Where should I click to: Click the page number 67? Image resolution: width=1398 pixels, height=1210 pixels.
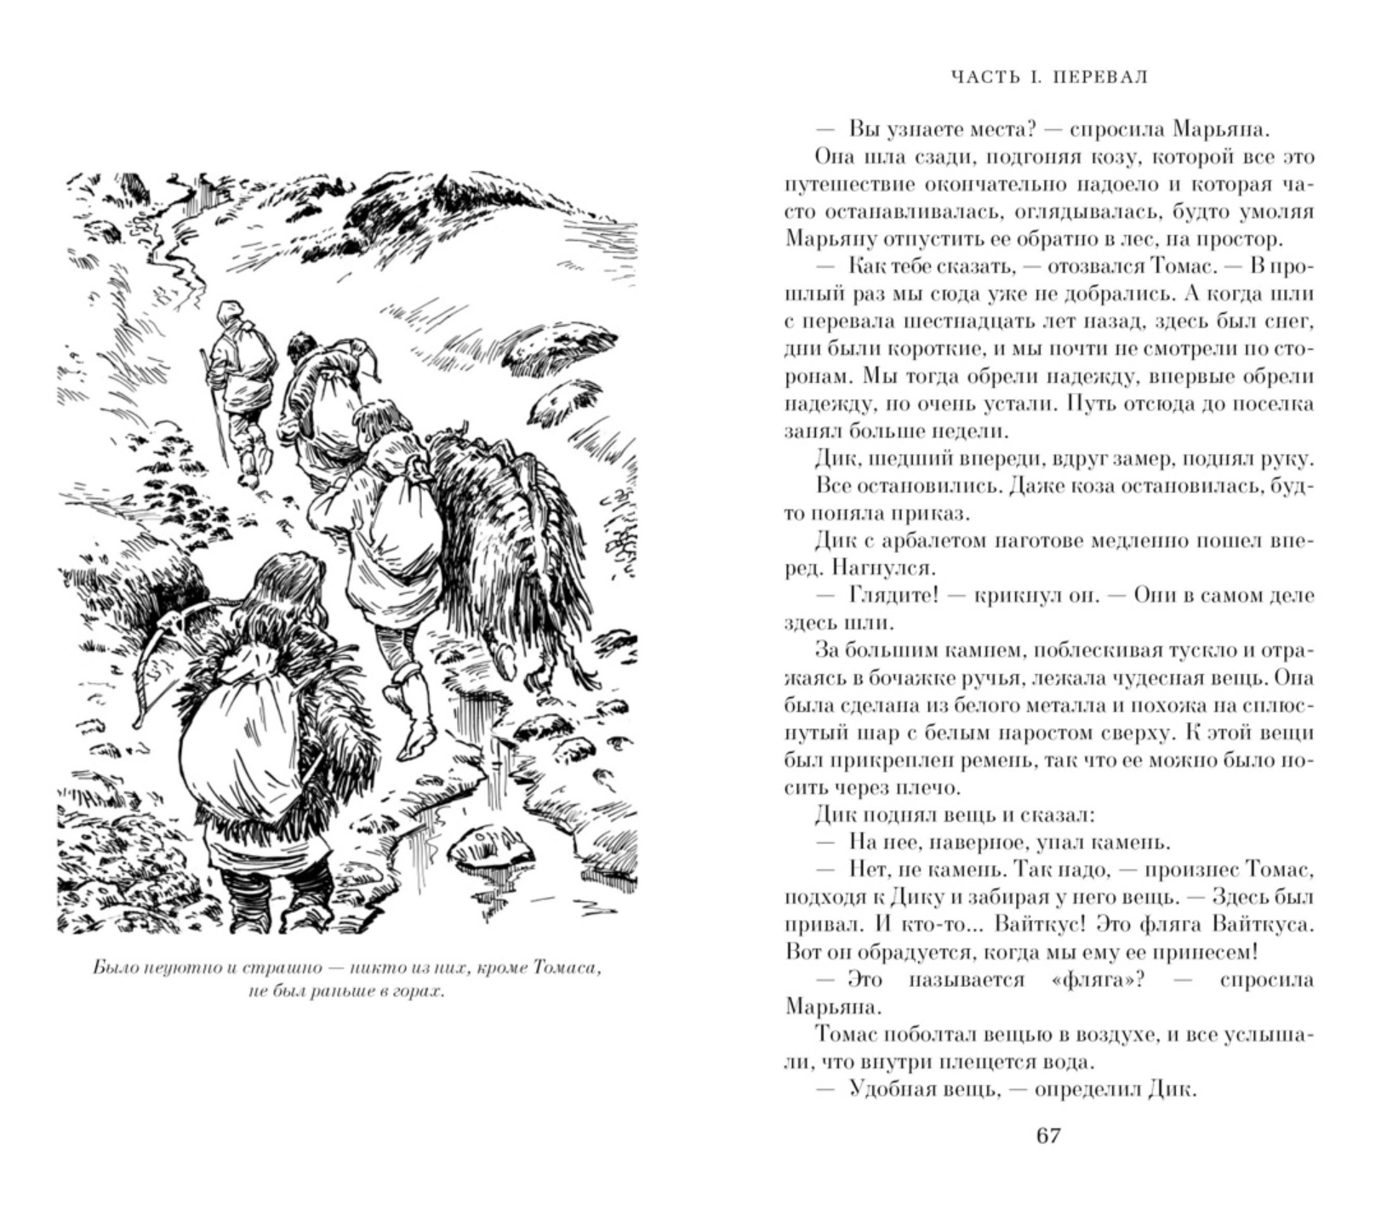click(x=1048, y=1136)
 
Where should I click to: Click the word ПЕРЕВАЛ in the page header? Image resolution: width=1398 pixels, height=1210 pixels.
click(x=1100, y=77)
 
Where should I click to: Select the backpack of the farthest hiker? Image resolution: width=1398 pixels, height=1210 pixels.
click(x=252, y=349)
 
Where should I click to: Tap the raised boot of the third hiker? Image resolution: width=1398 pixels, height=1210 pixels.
click(x=416, y=732)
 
